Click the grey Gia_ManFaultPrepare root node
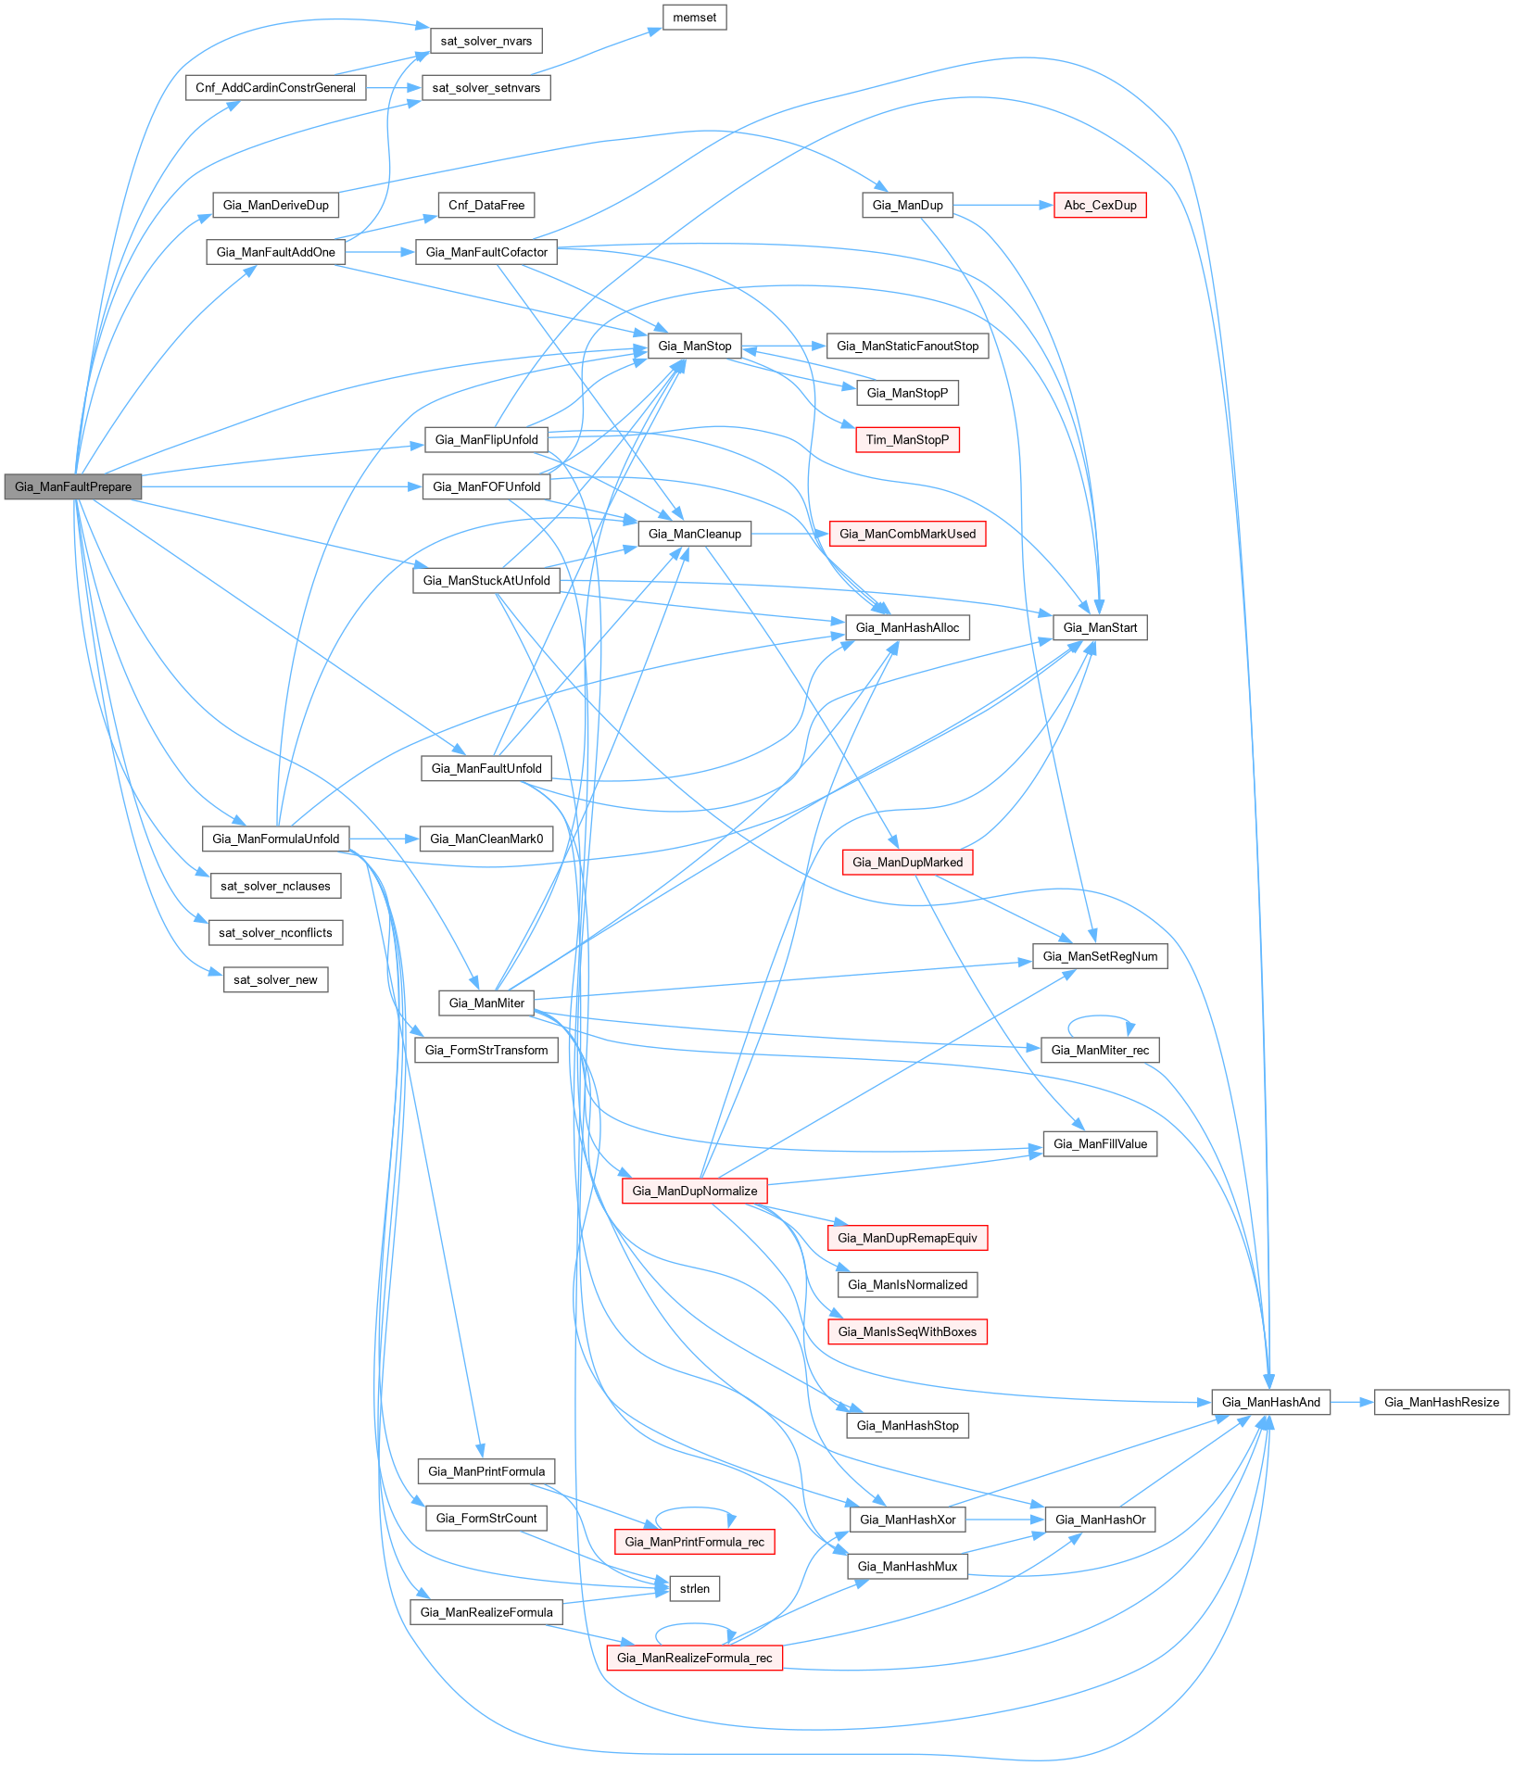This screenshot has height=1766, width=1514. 73,486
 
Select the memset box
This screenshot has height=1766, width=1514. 694,18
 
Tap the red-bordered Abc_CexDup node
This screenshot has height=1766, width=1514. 1100,205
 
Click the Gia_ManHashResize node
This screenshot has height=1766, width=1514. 1442,1402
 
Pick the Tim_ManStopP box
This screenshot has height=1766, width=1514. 907,440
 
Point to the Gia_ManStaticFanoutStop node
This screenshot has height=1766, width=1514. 907,346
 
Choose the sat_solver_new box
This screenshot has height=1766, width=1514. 275,979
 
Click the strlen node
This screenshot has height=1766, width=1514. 694,1588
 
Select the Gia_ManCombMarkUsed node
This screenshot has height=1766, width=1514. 907,534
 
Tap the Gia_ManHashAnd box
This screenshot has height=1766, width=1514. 1270,1402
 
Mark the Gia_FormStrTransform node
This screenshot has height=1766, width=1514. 486,1050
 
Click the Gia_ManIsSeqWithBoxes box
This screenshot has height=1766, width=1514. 907,1331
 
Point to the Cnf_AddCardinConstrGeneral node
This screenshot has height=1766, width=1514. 275,88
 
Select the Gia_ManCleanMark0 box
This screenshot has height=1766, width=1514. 486,839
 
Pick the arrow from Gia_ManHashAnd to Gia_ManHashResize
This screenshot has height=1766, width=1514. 1352,1402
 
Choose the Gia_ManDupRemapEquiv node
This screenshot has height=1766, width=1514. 907,1238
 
